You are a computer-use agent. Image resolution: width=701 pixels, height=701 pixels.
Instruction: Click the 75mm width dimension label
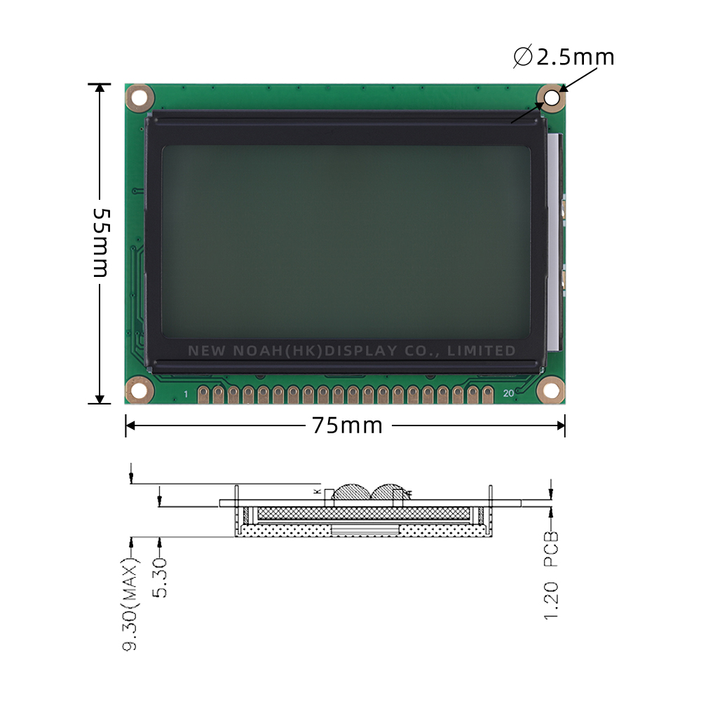tap(348, 426)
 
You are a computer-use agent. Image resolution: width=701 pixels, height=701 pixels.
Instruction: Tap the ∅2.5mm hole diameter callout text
tap(564, 57)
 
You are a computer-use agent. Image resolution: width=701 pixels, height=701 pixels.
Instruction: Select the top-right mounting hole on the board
tap(552, 97)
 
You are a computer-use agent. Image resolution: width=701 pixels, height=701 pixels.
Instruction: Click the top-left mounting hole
tap(139, 97)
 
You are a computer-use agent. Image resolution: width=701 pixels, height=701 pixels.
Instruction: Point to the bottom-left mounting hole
tap(139, 390)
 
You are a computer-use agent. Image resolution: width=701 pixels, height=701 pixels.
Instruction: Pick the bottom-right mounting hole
tap(552, 390)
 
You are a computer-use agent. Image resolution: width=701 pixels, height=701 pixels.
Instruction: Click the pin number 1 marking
tap(186, 395)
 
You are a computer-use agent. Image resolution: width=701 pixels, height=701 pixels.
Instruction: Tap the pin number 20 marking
tap(508, 393)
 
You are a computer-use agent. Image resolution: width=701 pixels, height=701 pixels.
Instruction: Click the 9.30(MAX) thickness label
tap(130, 604)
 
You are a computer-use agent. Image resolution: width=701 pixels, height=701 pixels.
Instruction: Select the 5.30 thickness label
tap(161, 577)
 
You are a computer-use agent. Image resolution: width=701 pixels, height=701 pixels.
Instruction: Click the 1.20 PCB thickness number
tap(552, 600)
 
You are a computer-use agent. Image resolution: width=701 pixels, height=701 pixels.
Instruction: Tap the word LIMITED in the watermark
tap(485, 350)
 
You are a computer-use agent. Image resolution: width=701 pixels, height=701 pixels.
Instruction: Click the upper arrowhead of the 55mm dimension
tap(100, 88)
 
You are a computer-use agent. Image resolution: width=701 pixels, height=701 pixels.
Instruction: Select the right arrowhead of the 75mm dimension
tap(560, 426)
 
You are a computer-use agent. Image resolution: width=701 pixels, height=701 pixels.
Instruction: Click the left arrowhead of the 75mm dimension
tap(130, 426)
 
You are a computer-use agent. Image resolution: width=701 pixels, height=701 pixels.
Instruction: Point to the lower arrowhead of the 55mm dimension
tap(100, 400)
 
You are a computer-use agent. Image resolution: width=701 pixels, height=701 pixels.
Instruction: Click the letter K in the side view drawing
tap(317, 492)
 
